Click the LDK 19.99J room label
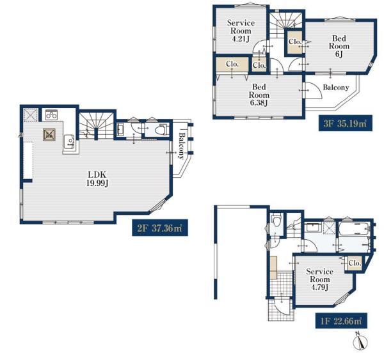pyautogui.click(x=97, y=179)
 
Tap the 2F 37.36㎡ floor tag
pyautogui.click(x=160, y=228)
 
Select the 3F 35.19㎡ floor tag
pyautogui.click(x=346, y=123)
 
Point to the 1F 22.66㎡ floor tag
pyautogui.click(x=341, y=320)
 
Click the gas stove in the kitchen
pyautogui.click(x=51, y=114)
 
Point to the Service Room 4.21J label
pyautogui.click(x=241, y=31)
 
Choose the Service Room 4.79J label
pyautogui.click(x=319, y=279)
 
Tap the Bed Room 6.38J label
pyautogui.click(x=259, y=95)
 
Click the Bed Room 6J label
pyautogui.click(x=339, y=46)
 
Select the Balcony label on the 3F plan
pyautogui.click(x=336, y=88)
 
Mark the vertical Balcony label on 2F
pyautogui.click(x=181, y=146)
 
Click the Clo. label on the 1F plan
pyautogui.click(x=355, y=263)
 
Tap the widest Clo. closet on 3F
pyautogui.click(x=232, y=64)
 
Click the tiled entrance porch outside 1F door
pyautogui.click(x=281, y=309)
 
